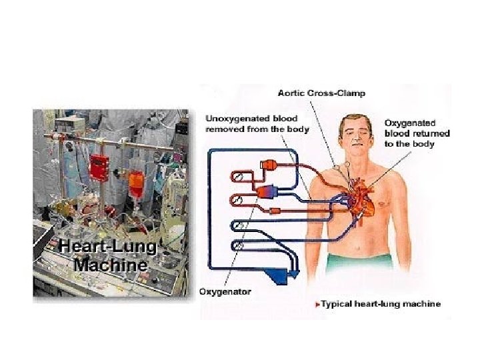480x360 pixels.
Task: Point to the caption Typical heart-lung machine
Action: pyautogui.click(x=381, y=304)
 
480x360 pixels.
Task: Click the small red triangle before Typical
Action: pyautogui.click(x=317, y=305)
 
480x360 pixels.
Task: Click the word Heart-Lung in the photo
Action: pyautogui.click(x=107, y=247)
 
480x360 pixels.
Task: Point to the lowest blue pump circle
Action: pyautogui.click(x=237, y=246)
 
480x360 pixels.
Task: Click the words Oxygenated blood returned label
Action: pyautogui.click(x=418, y=133)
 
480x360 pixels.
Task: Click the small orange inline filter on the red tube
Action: pyautogui.click(x=275, y=211)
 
